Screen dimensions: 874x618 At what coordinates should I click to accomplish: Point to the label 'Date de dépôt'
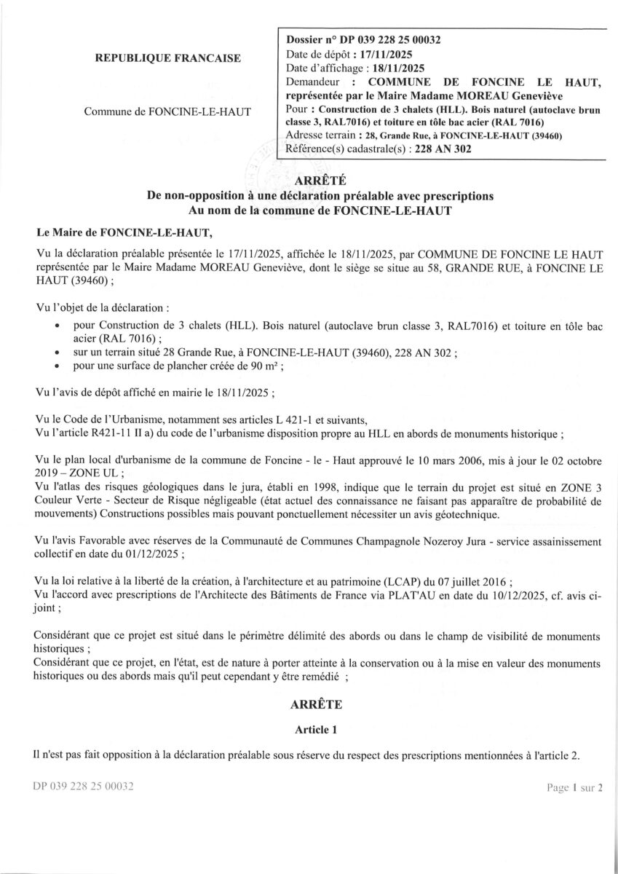click(318, 54)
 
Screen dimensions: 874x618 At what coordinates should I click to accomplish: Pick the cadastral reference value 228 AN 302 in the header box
click(443, 149)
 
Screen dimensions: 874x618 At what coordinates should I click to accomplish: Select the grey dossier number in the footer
click(84, 787)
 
